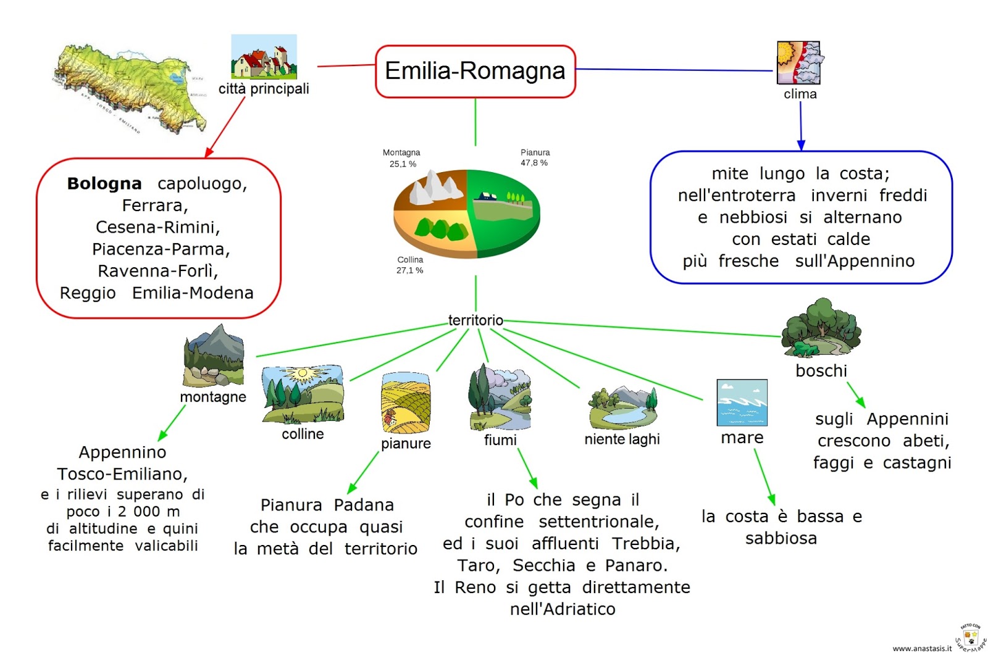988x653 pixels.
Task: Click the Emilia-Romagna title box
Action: click(475, 71)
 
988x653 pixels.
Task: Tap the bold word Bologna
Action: click(104, 183)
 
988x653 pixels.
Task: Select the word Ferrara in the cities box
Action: click(154, 206)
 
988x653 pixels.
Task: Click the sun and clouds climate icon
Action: click(798, 62)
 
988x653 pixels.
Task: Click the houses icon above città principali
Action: click(264, 57)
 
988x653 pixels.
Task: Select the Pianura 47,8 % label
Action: click(535, 157)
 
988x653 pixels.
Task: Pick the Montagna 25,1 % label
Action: click(401, 158)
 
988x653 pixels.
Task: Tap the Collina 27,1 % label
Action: click(410, 265)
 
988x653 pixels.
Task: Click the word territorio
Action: click(475, 320)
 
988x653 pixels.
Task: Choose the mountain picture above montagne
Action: click(214, 356)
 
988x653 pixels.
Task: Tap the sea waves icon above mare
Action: click(742, 402)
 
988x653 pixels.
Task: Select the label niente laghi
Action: click(622, 439)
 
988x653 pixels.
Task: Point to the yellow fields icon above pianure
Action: click(405, 402)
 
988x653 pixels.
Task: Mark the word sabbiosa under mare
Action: click(781, 538)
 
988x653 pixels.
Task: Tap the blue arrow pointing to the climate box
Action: click(801, 127)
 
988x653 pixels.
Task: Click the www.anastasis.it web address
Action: click(922, 648)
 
